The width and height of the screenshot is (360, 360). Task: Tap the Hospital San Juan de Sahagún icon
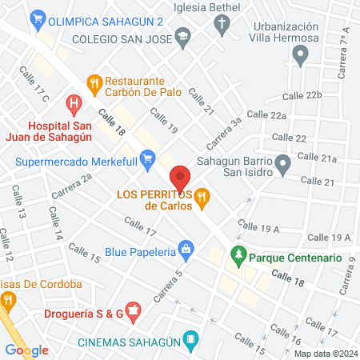click(x=74, y=103)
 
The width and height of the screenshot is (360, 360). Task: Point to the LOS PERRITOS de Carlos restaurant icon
click(x=202, y=195)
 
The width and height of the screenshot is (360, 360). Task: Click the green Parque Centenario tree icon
click(x=238, y=258)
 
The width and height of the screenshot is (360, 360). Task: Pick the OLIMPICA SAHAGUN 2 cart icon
click(x=36, y=18)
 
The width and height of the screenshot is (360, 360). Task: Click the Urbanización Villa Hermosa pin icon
click(x=301, y=55)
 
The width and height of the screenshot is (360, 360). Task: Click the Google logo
click(x=26, y=350)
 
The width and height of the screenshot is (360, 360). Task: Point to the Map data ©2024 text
click(x=325, y=354)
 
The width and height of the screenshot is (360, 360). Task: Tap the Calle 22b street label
click(x=302, y=95)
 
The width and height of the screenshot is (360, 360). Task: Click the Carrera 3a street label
click(x=226, y=133)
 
